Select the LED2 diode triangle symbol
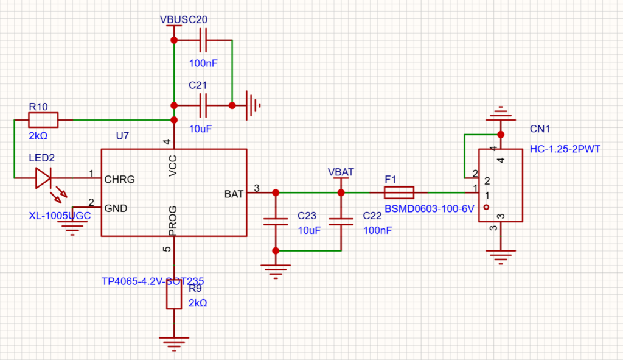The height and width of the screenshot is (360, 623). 43,178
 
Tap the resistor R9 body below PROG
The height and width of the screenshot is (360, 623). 174,297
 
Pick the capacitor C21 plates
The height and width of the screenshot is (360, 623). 203,105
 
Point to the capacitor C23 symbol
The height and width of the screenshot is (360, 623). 276,222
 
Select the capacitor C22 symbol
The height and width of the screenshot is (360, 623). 341,222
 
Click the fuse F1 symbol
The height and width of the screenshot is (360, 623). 399,193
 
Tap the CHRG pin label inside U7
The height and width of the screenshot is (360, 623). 119,180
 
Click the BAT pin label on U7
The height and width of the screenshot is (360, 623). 234,194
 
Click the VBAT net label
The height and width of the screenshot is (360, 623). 340,172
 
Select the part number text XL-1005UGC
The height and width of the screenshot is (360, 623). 60,216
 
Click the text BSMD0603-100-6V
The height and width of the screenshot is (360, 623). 429,209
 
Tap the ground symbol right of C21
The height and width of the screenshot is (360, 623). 252,105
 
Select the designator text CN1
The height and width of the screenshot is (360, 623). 540,129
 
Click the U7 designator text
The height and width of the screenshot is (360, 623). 122,136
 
